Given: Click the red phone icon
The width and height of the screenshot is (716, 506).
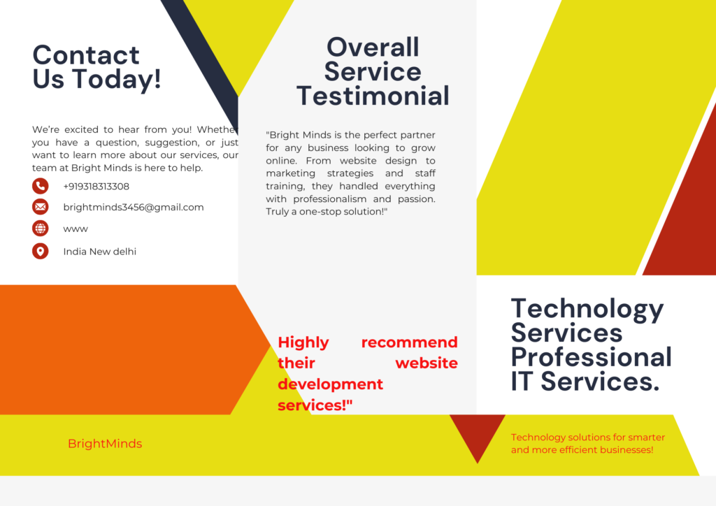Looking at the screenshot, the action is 40,186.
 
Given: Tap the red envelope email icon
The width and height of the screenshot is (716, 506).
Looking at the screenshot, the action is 40,207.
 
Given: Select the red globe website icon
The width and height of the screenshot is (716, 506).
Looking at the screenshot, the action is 40,228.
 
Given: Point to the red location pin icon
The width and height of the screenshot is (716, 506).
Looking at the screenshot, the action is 40,251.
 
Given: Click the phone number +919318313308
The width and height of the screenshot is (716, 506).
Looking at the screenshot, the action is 96,186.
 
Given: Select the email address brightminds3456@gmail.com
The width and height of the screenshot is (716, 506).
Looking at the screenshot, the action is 134,207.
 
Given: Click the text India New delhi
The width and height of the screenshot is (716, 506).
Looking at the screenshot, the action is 99,252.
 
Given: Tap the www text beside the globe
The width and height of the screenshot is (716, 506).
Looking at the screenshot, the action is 76,229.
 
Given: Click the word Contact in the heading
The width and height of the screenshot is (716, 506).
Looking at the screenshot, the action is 86,55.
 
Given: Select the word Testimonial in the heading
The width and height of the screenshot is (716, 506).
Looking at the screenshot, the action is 373,96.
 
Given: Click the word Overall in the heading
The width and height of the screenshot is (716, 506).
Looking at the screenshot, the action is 373,48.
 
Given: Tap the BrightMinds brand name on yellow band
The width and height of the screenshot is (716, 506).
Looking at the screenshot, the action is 105,444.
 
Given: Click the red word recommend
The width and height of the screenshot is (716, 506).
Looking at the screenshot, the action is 409,342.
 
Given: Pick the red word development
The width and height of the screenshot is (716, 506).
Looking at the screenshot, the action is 330,384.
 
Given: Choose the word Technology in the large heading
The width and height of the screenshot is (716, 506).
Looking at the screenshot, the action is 587,310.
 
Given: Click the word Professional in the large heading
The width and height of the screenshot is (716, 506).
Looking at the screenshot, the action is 592,357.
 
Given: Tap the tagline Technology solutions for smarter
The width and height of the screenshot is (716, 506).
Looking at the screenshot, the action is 587,437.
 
